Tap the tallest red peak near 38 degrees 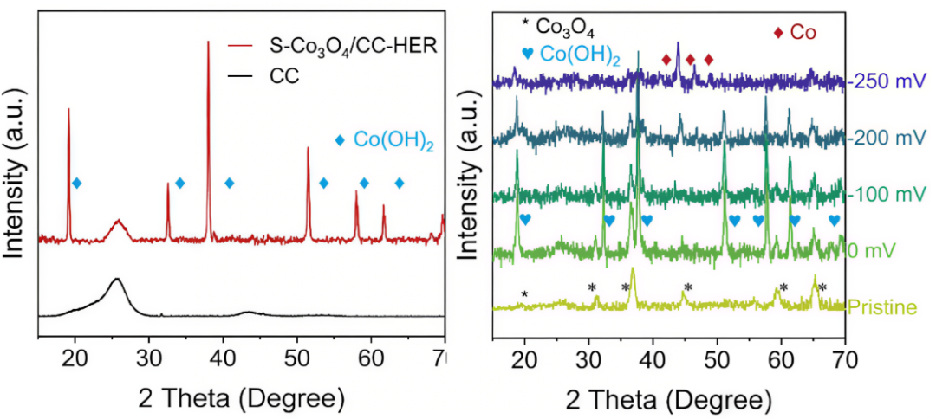tap(208, 43)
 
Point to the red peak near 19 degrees tap(68, 111)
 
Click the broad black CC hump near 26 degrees tap(116, 280)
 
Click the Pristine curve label tap(883, 306)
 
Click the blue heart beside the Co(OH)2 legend tap(527, 54)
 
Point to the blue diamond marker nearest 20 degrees tap(77, 183)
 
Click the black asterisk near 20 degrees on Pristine tap(524, 294)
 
